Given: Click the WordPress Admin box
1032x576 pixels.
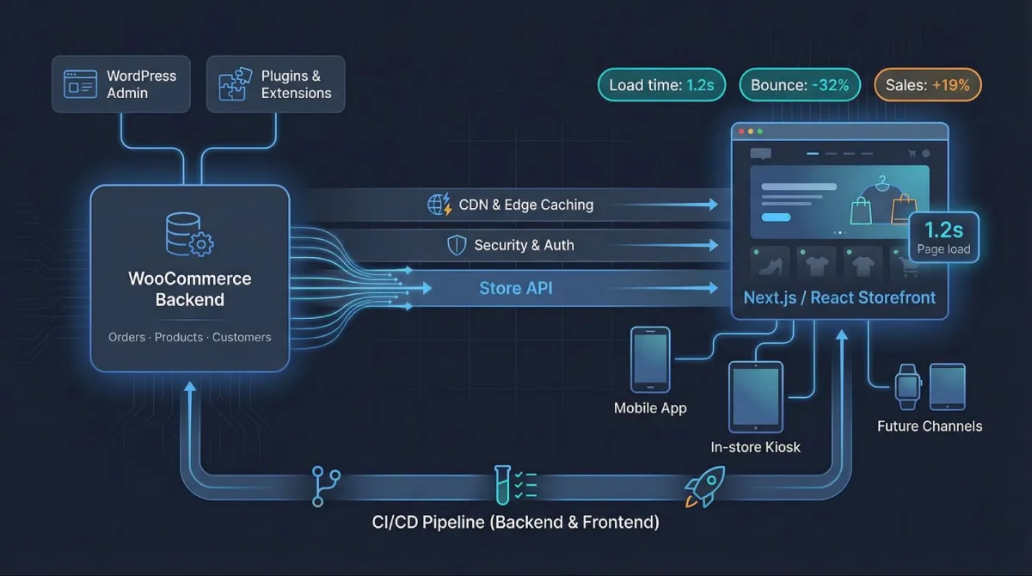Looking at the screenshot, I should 120,84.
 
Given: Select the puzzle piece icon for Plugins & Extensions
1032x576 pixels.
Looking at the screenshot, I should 234,84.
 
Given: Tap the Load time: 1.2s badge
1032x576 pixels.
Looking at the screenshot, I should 662,85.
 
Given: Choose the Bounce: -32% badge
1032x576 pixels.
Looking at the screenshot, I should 800,85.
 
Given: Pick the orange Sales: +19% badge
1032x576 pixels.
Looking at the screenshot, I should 928,85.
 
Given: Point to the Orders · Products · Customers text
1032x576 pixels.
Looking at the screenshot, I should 189,337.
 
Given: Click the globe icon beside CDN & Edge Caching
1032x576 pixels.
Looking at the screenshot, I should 439,205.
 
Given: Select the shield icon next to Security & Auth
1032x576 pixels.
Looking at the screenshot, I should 457,246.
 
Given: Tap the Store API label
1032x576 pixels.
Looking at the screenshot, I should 516,289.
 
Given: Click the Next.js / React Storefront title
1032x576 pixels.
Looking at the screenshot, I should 839,298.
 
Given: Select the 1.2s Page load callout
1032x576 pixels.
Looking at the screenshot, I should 943,237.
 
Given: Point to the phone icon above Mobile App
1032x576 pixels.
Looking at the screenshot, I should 650,358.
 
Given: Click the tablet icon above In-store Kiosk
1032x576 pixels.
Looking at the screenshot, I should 756,396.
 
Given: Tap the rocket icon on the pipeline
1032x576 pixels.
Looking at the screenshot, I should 704,487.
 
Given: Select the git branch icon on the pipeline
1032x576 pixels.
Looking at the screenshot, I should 326,486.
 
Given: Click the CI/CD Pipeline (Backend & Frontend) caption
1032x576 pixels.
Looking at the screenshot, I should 515,522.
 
